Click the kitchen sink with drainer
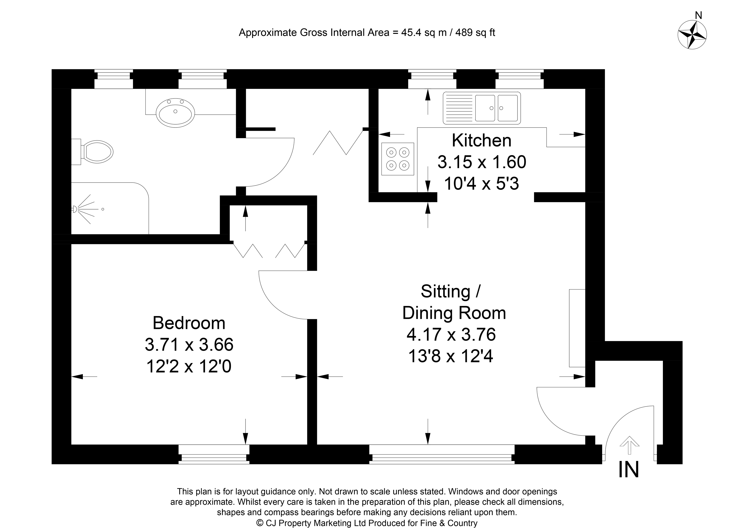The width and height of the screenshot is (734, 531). (x=482, y=108)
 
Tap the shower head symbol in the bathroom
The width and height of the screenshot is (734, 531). (x=85, y=209)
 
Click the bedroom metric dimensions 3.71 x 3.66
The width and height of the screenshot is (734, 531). (x=189, y=345)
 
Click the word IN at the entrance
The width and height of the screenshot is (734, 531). (x=628, y=470)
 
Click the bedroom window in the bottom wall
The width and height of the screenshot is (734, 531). (x=214, y=454)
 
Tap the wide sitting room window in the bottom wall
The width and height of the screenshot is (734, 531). (x=442, y=454)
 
